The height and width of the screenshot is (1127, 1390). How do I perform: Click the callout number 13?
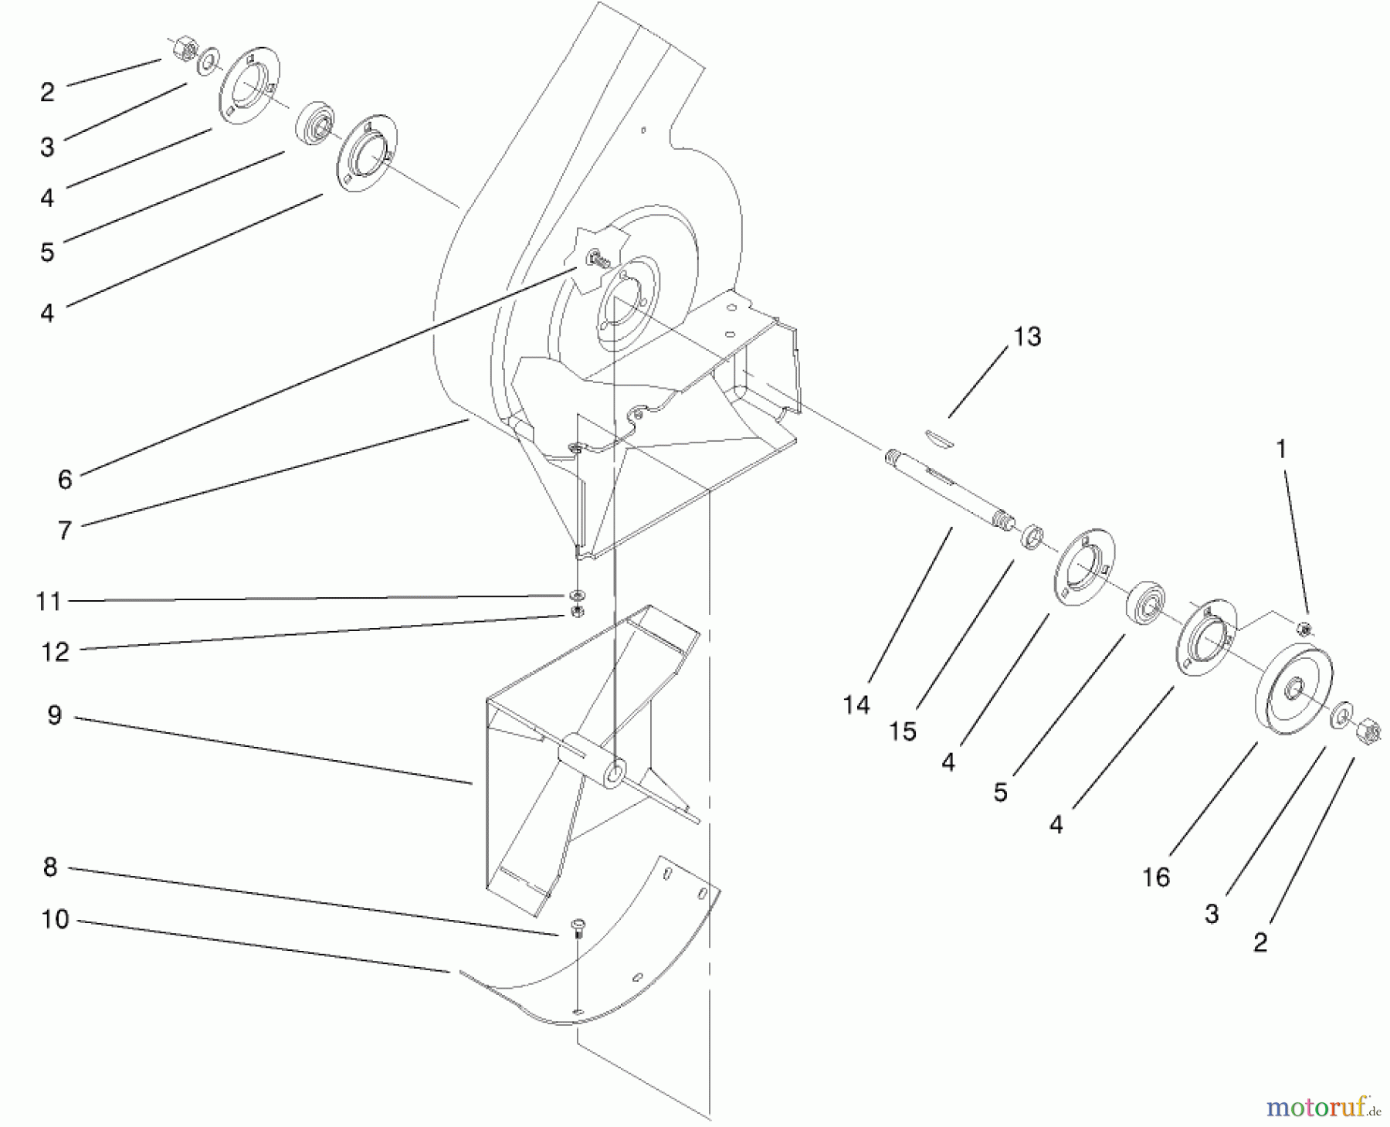pyautogui.click(x=1027, y=337)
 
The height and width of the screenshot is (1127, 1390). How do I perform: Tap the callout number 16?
pyautogui.click(x=1156, y=877)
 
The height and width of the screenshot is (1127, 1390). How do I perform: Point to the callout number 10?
pyautogui.click(x=56, y=919)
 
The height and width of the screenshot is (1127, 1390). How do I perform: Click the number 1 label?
pyautogui.click(x=1281, y=449)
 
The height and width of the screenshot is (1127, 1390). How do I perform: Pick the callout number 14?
pyautogui.click(x=856, y=704)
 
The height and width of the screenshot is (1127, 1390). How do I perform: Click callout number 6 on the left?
pyautogui.click(x=65, y=480)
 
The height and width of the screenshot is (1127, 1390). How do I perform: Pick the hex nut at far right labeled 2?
pyautogui.click(x=1365, y=728)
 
